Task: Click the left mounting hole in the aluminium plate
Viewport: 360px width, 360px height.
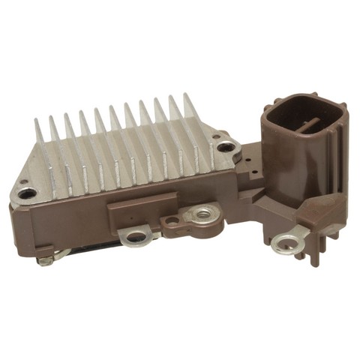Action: coord(28,193)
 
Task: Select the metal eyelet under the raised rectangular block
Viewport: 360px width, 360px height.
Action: coord(136,238)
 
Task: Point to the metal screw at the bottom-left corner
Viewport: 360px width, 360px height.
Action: coord(46,260)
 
